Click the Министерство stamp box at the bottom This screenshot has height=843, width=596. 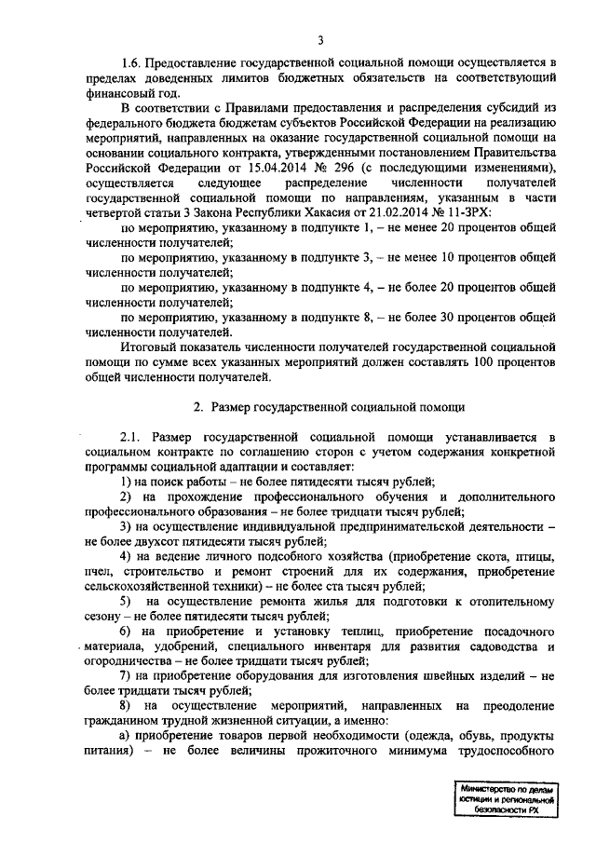point(507,798)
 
